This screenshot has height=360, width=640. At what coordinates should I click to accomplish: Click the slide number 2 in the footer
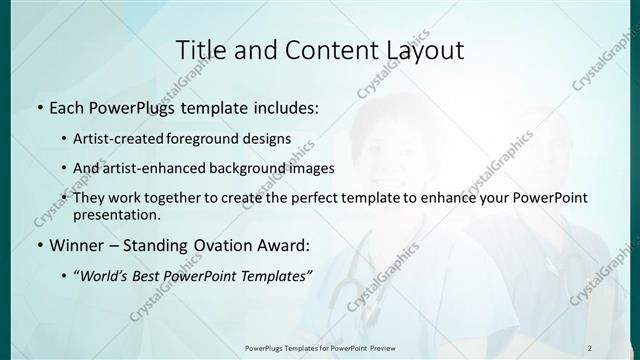[x=590, y=347]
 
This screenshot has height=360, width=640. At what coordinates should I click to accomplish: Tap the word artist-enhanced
[x=153, y=168]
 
